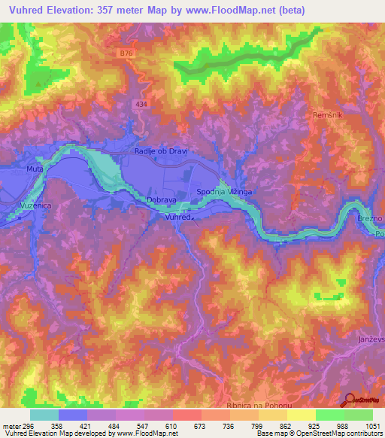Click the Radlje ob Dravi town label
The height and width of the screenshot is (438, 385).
click(160, 151)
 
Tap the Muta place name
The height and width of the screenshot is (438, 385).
click(35, 169)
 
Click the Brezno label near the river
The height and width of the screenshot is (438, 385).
click(372, 218)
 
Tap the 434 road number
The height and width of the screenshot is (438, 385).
click(143, 105)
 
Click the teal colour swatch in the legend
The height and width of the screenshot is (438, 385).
click(44, 415)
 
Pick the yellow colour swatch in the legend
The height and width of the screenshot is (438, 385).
click(301, 415)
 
